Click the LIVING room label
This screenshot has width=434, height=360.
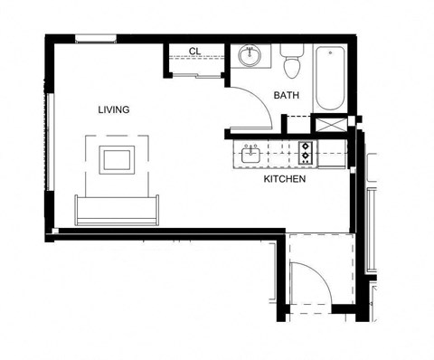[114, 109]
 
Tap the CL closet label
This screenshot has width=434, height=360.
[193, 52]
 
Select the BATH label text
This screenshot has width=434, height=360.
[287, 95]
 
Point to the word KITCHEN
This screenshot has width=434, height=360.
[285, 179]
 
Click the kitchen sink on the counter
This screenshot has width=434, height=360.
[251, 155]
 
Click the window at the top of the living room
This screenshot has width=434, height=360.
[95, 37]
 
